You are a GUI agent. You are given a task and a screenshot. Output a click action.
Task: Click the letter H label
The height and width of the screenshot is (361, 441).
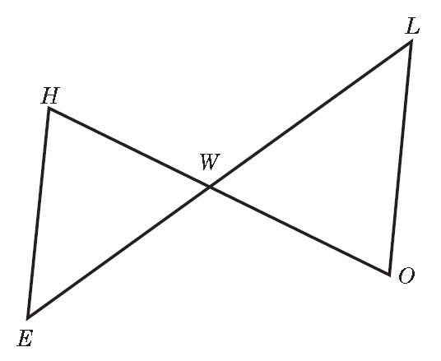click(x=51, y=95)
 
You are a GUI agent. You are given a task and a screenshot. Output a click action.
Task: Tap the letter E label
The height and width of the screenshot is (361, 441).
click(x=26, y=338)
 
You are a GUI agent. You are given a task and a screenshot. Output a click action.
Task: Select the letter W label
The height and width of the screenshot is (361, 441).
click(x=210, y=162)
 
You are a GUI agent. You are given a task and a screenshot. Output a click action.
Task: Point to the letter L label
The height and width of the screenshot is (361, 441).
click(x=412, y=26)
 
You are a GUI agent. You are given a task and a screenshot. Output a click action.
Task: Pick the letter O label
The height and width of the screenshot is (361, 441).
click(x=406, y=275)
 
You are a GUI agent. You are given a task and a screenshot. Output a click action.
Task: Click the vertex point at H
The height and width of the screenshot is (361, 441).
click(x=49, y=109)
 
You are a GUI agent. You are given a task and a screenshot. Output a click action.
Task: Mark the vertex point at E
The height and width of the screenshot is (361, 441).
click(x=28, y=318)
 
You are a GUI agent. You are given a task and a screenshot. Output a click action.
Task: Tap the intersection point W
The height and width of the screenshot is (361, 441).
click(x=210, y=187)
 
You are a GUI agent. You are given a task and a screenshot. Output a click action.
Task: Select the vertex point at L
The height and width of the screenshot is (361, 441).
click(x=411, y=42)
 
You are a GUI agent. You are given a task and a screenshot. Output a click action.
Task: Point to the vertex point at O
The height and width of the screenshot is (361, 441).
click(x=389, y=275)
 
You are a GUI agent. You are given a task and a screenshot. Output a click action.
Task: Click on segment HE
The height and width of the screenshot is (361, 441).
click(x=39, y=213)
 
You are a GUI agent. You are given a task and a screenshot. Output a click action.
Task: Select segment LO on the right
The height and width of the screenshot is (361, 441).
click(x=400, y=158)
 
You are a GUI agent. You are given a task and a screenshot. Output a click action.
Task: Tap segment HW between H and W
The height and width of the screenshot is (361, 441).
click(x=129, y=147)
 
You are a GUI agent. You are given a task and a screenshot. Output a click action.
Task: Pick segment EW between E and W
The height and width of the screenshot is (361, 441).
click(x=119, y=252)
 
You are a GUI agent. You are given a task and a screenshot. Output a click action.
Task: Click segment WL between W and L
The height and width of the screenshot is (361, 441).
click(x=310, y=114)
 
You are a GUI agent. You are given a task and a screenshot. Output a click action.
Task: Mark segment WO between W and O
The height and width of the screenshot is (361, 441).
click(x=299, y=230)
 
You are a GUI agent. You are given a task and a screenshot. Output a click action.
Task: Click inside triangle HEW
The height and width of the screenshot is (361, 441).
click(x=95, y=205)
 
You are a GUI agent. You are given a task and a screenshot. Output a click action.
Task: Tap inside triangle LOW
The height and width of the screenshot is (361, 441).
click(x=337, y=168)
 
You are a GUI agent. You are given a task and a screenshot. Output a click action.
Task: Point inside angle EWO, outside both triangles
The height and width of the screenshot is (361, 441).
click(x=210, y=267)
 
